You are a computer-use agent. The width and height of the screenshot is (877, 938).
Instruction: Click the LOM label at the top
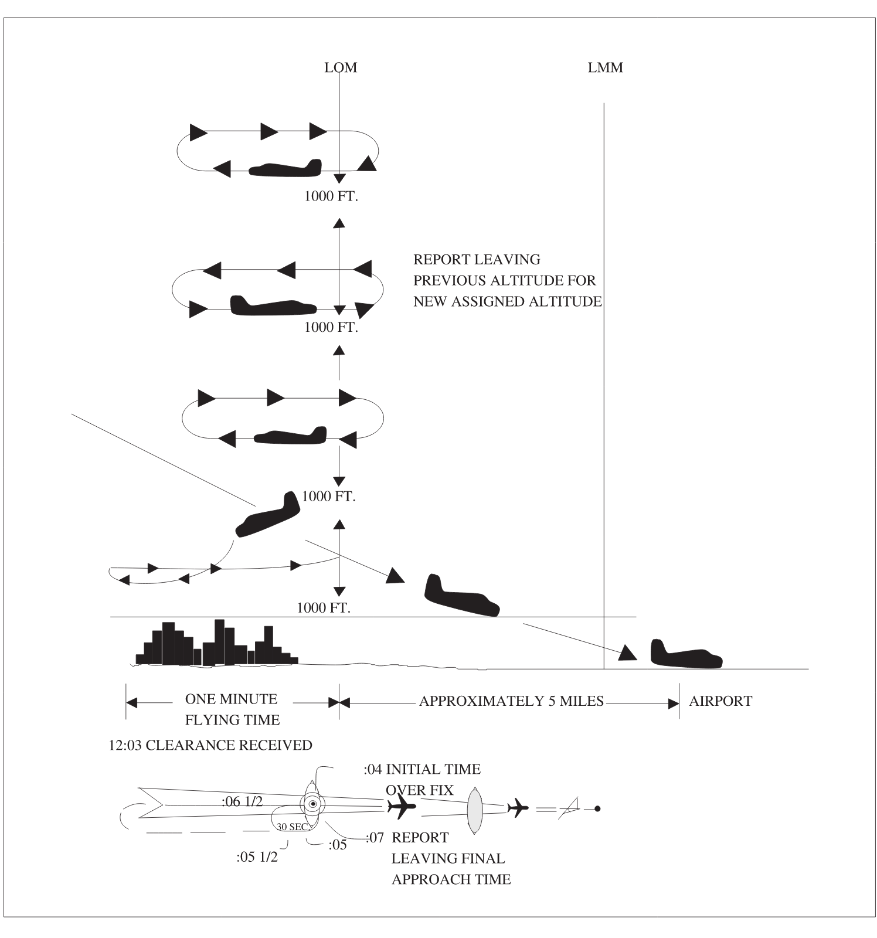click(x=341, y=67)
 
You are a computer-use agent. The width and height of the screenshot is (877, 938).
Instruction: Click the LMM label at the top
click(x=605, y=67)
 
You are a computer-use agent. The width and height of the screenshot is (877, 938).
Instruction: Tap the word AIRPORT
click(x=720, y=701)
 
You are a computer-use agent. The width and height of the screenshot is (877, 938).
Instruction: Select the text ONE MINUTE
click(x=231, y=699)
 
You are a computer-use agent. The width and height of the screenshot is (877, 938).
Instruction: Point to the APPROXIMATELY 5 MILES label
click(x=511, y=701)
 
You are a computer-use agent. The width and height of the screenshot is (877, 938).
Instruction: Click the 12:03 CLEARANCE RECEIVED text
click(x=210, y=745)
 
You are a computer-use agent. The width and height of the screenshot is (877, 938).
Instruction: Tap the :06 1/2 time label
click(x=242, y=801)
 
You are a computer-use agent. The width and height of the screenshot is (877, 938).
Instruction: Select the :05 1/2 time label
click(x=257, y=857)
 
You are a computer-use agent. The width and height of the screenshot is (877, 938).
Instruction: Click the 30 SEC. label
click(x=293, y=827)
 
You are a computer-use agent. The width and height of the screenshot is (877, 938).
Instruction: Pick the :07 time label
click(x=375, y=837)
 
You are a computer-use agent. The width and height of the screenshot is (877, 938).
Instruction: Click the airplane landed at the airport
click(x=686, y=655)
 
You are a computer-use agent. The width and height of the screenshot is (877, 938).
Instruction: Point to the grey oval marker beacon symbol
click(x=474, y=811)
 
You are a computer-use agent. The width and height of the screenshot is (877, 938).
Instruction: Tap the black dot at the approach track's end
click(x=597, y=809)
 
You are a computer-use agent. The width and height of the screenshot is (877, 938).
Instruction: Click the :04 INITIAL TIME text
click(x=422, y=769)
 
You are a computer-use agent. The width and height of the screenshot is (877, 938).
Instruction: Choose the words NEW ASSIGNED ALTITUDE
click(x=508, y=301)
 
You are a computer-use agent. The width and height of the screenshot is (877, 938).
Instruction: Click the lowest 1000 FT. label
click(x=324, y=607)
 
